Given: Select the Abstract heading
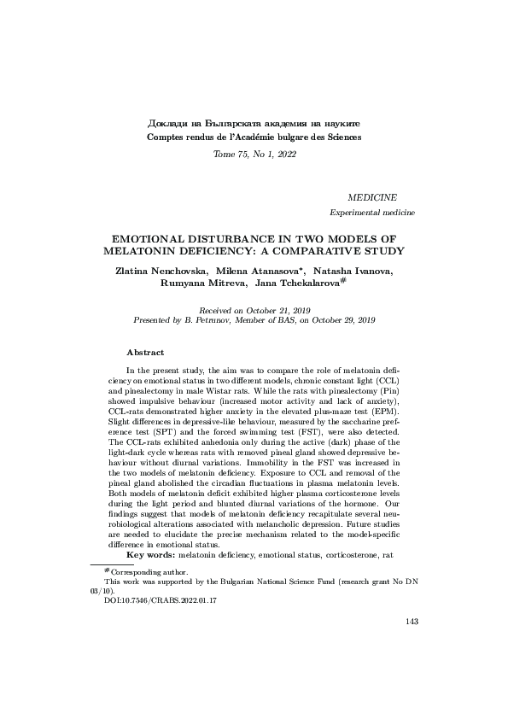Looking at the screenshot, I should pyautogui.click(x=145, y=352).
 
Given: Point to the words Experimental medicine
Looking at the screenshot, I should pyautogui.click(x=373, y=211).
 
